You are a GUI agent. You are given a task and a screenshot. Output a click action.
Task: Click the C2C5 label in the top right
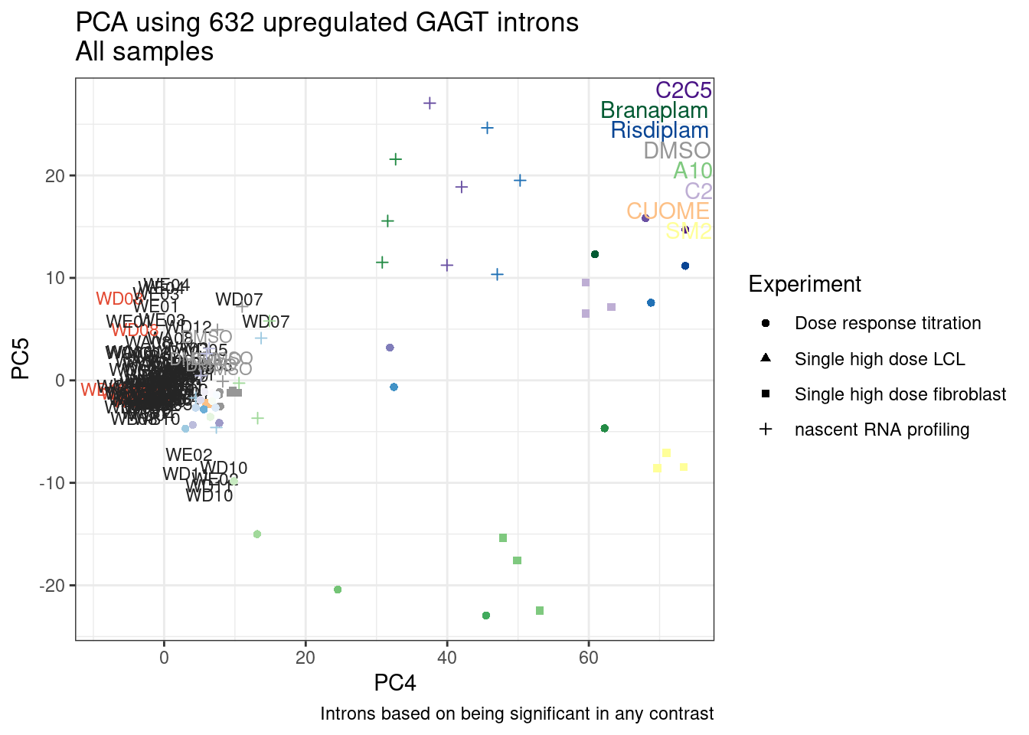(x=683, y=90)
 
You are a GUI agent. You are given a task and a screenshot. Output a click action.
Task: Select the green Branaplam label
(x=654, y=110)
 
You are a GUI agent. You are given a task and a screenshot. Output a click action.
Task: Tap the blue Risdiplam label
(x=659, y=130)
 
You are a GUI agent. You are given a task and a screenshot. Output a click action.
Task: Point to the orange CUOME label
(x=668, y=211)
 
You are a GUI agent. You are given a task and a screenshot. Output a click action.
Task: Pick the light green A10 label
(x=692, y=171)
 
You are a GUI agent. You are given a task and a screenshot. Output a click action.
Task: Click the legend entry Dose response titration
(x=887, y=323)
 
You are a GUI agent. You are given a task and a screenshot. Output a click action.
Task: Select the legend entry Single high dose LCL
(x=879, y=359)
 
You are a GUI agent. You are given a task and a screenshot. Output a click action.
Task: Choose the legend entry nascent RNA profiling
(x=881, y=430)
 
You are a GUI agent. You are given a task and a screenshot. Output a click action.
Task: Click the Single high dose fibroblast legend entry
(x=900, y=394)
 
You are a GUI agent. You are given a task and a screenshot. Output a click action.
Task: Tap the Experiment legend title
(x=804, y=284)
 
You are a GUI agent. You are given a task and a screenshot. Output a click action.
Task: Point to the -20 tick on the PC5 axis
(x=54, y=586)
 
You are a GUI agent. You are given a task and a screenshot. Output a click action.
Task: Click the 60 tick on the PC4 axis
(x=588, y=658)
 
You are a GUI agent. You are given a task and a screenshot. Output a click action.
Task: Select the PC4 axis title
(x=395, y=682)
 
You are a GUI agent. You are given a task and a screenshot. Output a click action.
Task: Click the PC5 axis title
(x=21, y=358)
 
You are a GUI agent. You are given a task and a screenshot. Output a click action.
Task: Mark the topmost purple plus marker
(x=430, y=103)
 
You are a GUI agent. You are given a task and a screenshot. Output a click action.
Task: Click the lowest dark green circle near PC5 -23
(x=486, y=616)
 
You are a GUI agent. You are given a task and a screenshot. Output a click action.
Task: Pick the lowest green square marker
(x=540, y=610)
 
